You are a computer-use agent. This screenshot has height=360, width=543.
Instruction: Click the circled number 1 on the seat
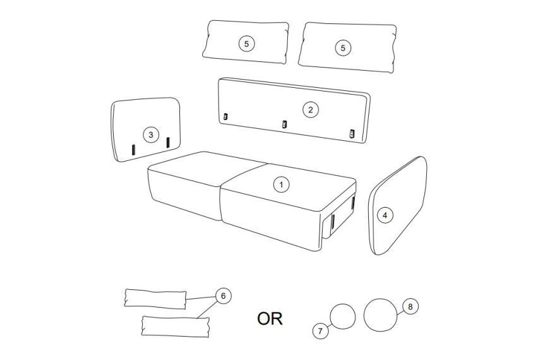281,184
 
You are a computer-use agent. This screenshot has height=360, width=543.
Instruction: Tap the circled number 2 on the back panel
310,110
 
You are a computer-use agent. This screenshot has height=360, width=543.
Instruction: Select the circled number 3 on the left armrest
151,135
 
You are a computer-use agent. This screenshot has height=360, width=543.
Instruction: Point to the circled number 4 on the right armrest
385,215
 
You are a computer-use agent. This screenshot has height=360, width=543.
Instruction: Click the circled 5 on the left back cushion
247,44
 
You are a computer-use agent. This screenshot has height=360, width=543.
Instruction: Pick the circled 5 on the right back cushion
343,48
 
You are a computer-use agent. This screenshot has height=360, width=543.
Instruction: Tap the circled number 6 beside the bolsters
223,296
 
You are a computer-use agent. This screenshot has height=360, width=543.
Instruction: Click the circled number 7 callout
320,331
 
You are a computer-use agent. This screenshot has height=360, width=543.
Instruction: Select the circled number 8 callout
410,307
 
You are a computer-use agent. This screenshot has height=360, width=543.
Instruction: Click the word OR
270,319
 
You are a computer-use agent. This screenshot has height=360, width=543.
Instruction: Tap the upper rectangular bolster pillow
155,298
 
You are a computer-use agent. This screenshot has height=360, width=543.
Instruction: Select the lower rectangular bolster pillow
176,326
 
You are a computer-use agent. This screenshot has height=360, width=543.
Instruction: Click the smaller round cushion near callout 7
343,316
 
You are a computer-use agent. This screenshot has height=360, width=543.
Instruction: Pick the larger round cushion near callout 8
380,315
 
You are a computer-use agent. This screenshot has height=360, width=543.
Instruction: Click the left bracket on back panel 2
225,117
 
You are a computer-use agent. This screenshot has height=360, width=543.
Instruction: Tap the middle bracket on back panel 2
285,124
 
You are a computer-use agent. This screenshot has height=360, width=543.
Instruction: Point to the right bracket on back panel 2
352,133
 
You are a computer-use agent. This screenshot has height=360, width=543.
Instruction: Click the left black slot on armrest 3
133,150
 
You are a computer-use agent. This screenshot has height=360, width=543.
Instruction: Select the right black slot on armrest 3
168,142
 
